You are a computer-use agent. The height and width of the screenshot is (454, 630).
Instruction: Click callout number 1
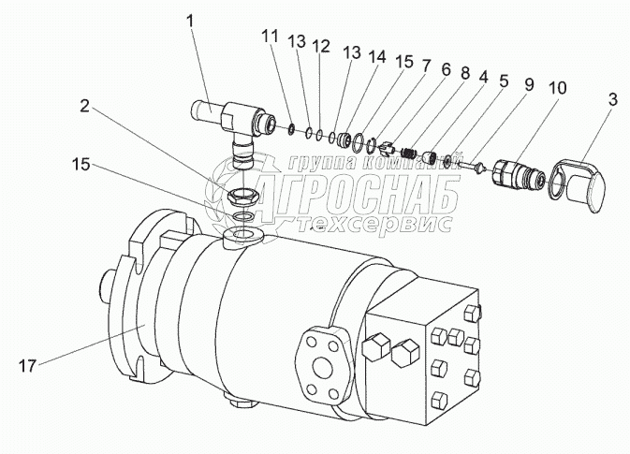[190, 22]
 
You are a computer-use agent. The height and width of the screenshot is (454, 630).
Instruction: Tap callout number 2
[84, 107]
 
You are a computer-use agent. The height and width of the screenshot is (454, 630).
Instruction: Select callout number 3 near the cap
[612, 99]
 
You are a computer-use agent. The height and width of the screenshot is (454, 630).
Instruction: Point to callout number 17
[27, 366]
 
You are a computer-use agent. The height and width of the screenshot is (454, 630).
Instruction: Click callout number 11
[271, 37]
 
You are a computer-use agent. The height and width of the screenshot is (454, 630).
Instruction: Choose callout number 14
[376, 57]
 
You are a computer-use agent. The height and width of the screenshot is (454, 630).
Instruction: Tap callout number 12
[321, 46]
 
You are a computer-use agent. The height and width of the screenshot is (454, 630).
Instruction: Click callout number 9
[529, 84]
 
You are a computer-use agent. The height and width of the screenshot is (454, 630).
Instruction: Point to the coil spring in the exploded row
[409, 153]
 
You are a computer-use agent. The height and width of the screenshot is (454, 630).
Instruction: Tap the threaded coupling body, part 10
[519, 173]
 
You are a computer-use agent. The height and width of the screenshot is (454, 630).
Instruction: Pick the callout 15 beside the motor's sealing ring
[81, 164]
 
